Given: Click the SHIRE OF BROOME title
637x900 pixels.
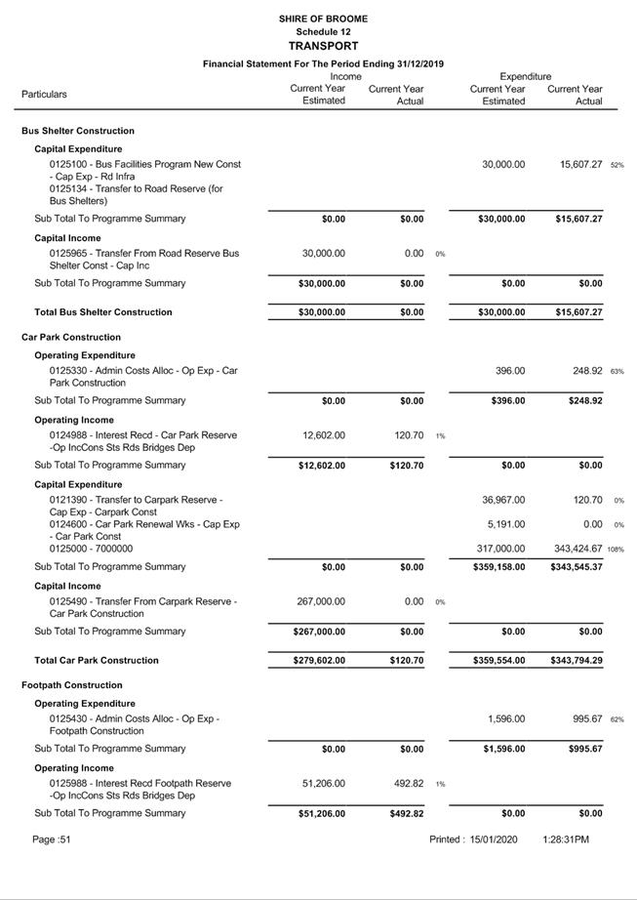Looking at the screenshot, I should pos(323,19).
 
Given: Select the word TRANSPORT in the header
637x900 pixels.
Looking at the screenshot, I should pos(323,46).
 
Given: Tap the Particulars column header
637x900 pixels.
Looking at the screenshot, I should pos(44,95).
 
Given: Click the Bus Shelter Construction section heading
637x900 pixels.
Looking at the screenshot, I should pos(78,131).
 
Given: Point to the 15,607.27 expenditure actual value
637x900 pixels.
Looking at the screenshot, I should pos(575,165).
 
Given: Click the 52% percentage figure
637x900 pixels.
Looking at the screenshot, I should pos(617,166).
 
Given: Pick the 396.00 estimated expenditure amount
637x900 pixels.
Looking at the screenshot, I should pos(509,371).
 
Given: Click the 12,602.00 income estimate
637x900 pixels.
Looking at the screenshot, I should pos(322,435).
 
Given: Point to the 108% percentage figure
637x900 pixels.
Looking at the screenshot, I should pos(616,550).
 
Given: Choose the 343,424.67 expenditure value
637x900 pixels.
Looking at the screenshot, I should pos(571,549).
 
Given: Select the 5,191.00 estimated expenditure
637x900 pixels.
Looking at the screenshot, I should pos(506,524).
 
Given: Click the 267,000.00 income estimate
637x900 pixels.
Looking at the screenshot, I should pos(319,602).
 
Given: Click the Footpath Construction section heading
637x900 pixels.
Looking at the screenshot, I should pos(72,685).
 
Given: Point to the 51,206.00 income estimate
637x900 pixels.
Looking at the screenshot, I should pos(322,783).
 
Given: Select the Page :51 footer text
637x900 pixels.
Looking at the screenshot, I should pos(52,839).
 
